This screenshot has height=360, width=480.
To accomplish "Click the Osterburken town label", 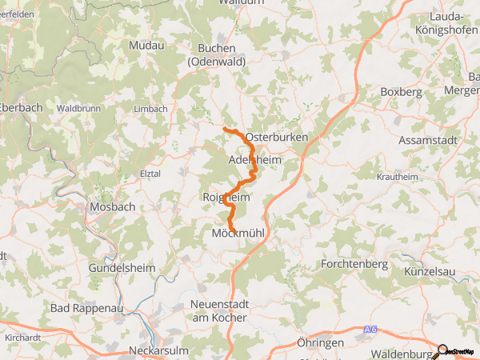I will click(x=278, y=138).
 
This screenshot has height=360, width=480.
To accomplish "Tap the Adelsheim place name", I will click(x=254, y=160).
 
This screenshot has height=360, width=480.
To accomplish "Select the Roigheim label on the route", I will click(x=227, y=198).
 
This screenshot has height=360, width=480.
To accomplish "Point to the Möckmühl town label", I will click(x=237, y=234).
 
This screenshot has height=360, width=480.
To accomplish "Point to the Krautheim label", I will click(x=397, y=176).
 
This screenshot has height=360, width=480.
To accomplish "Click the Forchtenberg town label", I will click(x=354, y=263).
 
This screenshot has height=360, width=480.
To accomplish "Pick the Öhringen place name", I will click(x=319, y=342).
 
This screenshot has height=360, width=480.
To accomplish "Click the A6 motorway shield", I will click(x=369, y=329).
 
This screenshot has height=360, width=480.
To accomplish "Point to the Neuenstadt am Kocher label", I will click(x=218, y=310).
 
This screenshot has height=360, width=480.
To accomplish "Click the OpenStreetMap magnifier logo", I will click(x=442, y=350).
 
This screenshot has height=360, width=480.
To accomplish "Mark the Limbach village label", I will click(x=151, y=109).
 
